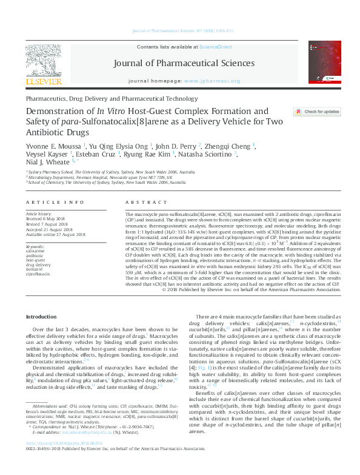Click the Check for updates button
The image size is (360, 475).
tap(318, 112)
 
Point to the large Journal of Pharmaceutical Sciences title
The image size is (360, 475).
tap(181, 62)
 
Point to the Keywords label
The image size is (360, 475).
tap(35, 247)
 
